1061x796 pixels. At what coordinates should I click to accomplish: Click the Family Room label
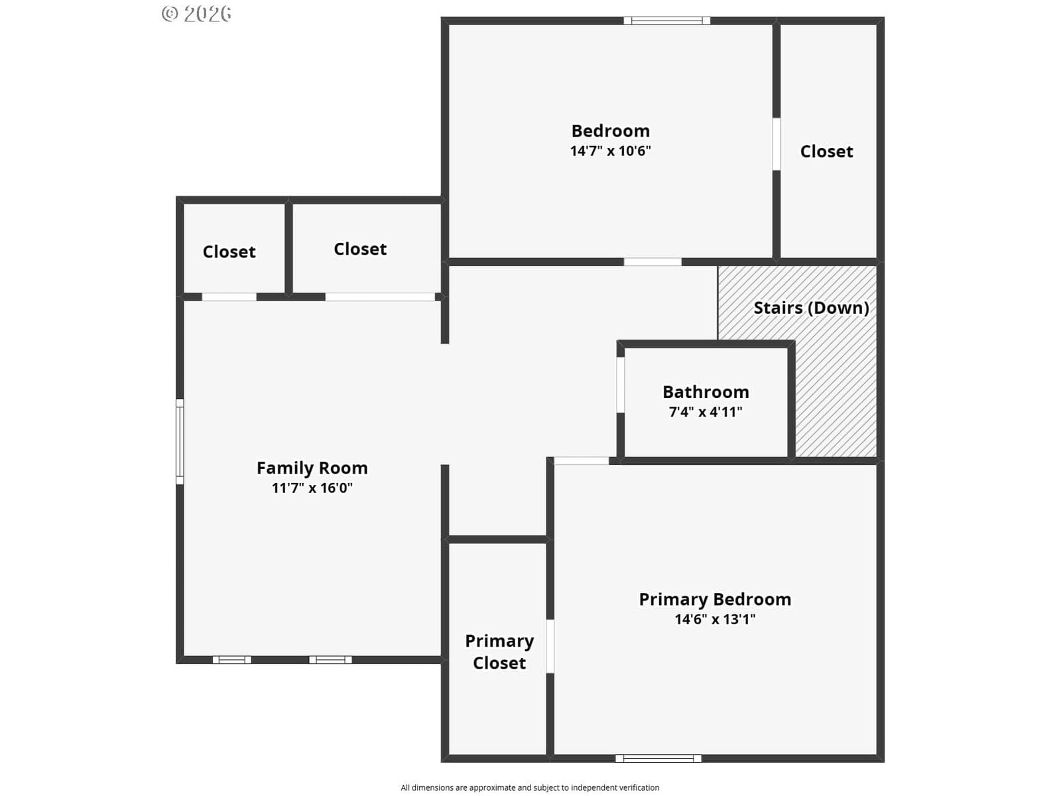point(312,468)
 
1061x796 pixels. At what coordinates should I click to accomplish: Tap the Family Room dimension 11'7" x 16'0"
point(312,488)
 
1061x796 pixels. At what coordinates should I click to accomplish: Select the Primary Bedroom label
point(715,599)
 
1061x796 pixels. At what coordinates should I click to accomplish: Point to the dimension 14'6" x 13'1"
point(715,619)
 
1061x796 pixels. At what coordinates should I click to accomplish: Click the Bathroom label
point(706,392)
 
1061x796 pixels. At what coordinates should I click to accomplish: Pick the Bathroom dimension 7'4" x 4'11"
point(706,412)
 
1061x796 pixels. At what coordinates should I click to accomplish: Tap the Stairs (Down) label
point(812,308)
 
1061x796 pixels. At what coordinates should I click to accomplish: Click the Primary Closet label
point(499,651)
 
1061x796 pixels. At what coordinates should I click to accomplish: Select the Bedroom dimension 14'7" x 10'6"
point(611,151)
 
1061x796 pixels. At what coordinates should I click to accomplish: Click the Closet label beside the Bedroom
point(826,151)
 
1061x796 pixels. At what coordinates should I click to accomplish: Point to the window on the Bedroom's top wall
point(666,21)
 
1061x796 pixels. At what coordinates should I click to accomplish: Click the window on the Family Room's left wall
point(180,441)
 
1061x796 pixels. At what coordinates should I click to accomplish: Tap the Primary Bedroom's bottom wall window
point(658,758)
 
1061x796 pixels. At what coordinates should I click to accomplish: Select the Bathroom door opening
point(621,385)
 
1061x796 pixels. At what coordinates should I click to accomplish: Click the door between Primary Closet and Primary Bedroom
point(550,646)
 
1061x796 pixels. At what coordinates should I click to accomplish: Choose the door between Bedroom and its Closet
point(777,144)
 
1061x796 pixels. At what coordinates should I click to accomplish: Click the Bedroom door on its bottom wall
point(653,262)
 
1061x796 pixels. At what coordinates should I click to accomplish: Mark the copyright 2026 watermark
point(196,14)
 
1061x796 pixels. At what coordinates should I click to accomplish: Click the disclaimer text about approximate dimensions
point(530,787)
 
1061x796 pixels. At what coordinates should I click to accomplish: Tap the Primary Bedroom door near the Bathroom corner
point(582,461)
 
